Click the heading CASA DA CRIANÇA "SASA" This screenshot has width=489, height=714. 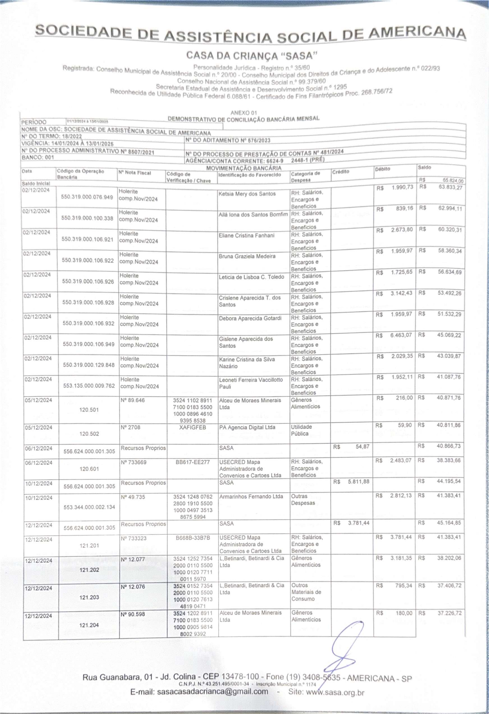(x=251, y=56)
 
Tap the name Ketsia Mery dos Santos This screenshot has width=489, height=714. (x=247, y=194)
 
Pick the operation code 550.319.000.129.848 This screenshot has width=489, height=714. (x=89, y=365)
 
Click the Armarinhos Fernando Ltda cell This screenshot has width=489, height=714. (x=251, y=496)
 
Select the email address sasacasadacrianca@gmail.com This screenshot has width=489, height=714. (x=212, y=692)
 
